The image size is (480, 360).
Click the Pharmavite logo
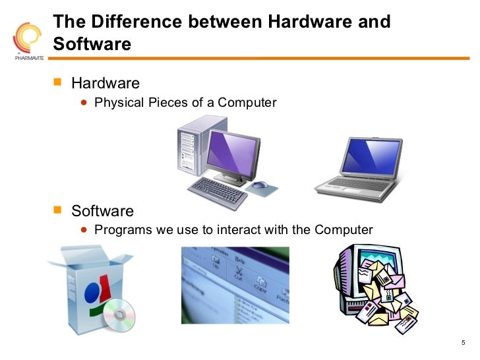26,40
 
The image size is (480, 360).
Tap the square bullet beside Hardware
57,83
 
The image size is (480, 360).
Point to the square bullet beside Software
57,210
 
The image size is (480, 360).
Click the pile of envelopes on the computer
386,290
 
